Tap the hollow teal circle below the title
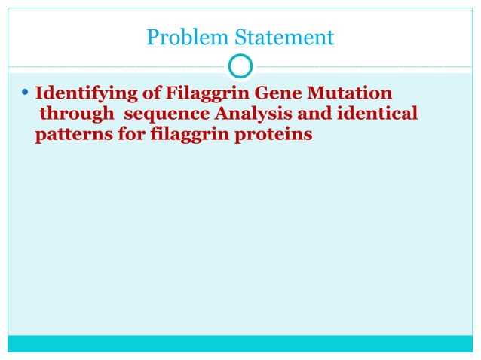[x=240, y=68]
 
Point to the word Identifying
[x=81, y=96]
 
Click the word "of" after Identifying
[x=138, y=95]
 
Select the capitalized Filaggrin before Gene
[x=188, y=96]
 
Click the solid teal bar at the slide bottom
[x=240, y=343]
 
